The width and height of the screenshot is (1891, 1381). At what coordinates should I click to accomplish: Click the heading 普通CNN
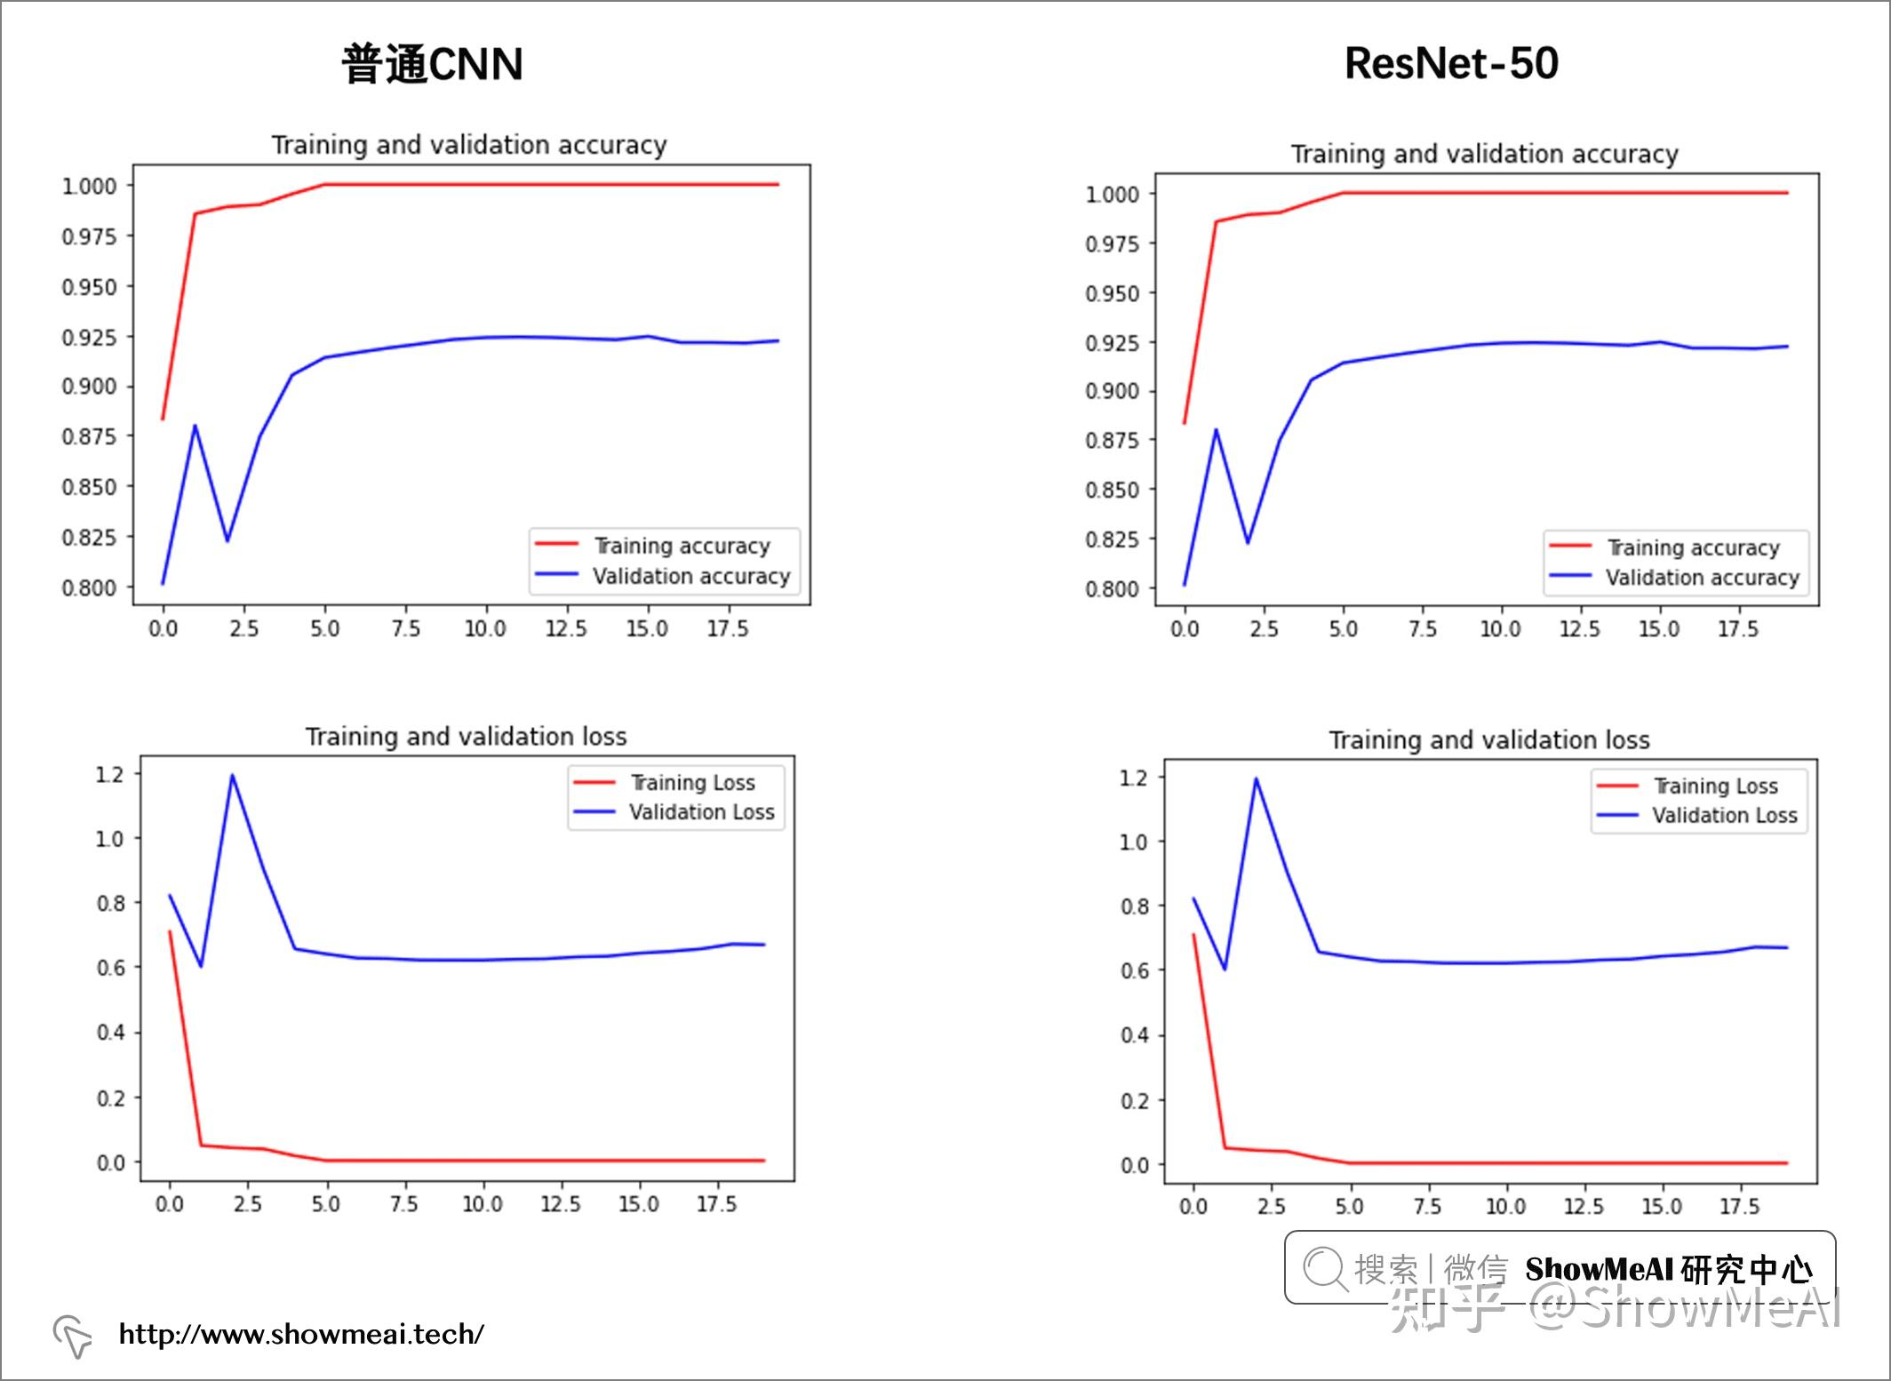[x=432, y=64]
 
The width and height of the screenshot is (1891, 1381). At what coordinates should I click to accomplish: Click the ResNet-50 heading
[x=1450, y=63]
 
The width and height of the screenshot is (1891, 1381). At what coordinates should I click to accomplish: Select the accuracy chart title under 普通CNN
[x=468, y=145]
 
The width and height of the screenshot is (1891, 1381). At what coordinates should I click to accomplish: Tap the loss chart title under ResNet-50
[x=1488, y=739]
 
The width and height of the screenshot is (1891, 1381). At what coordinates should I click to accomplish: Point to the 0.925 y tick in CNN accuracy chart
[x=89, y=338]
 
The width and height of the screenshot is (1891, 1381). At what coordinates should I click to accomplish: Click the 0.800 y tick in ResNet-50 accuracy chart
[x=1112, y=588]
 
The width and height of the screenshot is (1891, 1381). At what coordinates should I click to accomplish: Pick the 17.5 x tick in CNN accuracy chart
[x=728, y=629]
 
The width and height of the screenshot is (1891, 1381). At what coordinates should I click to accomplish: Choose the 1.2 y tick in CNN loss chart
[x=110, y=774]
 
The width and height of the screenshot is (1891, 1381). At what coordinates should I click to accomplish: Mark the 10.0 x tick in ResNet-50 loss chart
[x=1505, y=1206]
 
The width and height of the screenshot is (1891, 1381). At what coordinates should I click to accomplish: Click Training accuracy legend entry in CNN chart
[x=681, y=546]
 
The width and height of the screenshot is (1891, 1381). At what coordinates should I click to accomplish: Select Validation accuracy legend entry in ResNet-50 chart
[x=1702, y=578]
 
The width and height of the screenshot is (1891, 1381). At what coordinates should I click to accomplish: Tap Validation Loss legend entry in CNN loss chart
[x=701, y=812]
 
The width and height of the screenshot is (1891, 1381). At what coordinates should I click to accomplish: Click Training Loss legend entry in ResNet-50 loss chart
[x=1715, y=786]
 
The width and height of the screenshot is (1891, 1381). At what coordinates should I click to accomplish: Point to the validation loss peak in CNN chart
[x=233, y=776]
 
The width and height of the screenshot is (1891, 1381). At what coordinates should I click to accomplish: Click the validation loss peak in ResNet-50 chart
[x=1256, y=779]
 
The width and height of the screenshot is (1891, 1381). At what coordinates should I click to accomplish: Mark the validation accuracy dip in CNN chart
[x=227, y=539]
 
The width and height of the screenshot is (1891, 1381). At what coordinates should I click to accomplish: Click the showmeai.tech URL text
[x=301, y=1334]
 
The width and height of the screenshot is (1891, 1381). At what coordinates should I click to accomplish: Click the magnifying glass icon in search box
[x=1325, y=1268]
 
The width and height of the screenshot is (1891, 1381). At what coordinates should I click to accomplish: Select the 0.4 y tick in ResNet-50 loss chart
[x=1134, y=1035]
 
